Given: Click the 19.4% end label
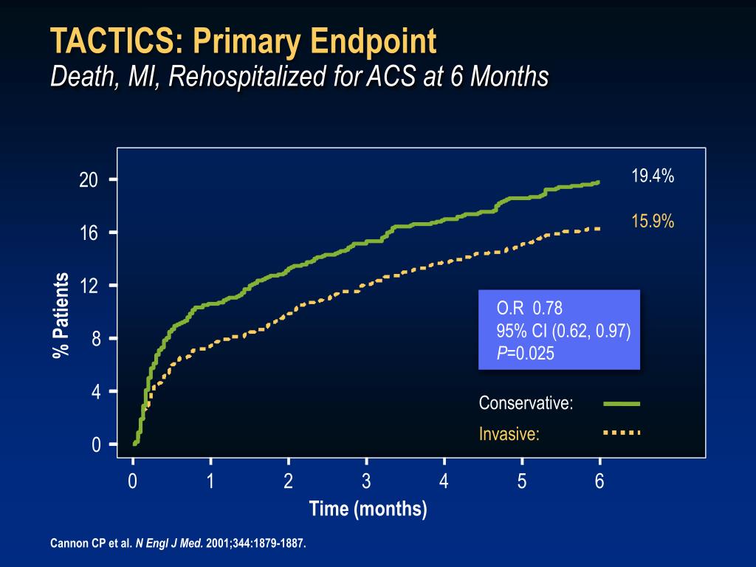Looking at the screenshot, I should click(653, 176).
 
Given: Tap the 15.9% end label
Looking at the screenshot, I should click(653, 221).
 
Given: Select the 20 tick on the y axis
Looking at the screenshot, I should click(89, 180).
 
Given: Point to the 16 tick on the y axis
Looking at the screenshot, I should click(89, 233).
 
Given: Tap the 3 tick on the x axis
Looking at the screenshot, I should click(366, 482).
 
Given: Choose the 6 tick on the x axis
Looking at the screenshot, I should click(599, 482).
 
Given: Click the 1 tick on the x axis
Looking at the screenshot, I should click(210, 482).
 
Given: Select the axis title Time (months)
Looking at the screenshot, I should click(368, 509).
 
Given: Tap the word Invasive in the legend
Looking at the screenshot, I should click(509, 434).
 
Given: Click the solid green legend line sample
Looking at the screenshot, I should click(621, 404).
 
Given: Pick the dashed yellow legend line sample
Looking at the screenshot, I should click(621, 432).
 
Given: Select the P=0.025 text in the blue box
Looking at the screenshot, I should click(525, 354).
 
